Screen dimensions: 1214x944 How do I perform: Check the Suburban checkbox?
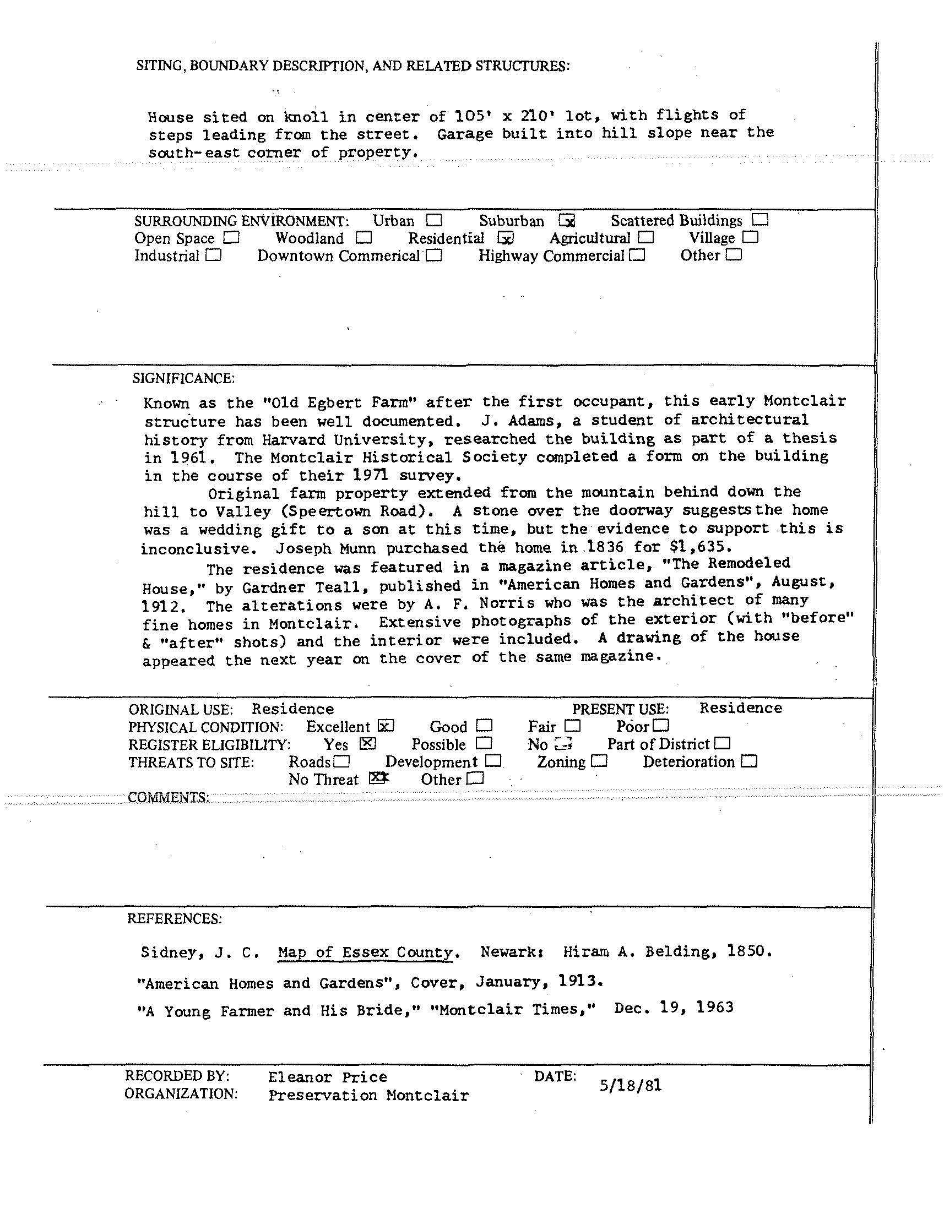[x=567, y=221]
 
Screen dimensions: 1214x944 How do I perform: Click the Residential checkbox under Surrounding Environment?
[x=506, y=238]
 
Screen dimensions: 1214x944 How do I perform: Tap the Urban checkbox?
[x=434, y=221]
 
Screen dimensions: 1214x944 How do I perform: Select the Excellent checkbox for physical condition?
[x=386, y=726]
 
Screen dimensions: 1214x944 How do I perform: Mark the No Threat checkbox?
[x=378, y=778]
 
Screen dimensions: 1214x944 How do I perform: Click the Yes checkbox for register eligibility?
[x=367, y=744]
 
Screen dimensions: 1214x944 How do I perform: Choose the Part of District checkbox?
[x=723, y=743]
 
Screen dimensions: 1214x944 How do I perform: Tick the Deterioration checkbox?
[x=749, y=761]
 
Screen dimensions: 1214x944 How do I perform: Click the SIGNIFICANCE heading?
[x=183, y=379]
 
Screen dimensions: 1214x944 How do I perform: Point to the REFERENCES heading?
[x=174, y=918]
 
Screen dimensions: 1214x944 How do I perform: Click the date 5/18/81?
[x=631, y=1085]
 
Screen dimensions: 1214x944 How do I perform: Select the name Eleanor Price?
[x=327, y=1077]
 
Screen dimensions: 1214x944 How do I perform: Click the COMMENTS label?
[x=169, y=797]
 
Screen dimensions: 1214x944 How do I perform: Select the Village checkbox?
[x=750, y=238]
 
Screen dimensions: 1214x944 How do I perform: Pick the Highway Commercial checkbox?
[x=638, y=255]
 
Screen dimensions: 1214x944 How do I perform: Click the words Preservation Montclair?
[x=368, y=1095]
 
